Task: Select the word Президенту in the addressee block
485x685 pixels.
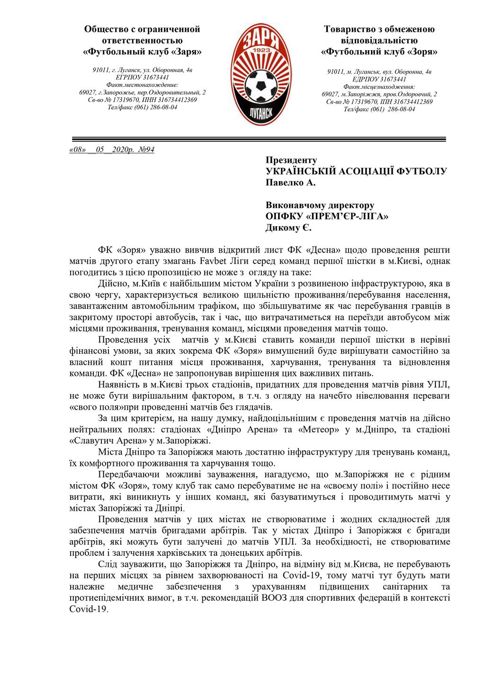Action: point(291,160)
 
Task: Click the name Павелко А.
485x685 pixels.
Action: point(290,182)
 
